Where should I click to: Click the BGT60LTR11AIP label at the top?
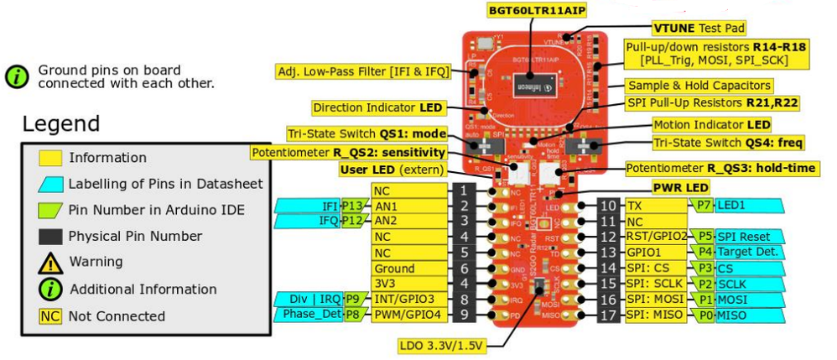[x=535, y=11]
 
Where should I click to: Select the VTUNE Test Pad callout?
[x=699, y=29]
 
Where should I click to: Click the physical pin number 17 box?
[x=609, y=316]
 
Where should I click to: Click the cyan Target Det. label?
[x=748, y=253]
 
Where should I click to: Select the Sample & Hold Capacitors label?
[x=699, y=86]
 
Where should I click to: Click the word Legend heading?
[x=60, y=124]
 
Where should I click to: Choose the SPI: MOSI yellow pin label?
[x=655, y=300]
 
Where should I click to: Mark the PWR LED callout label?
[x=680, y=188]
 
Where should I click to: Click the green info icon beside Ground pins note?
[x=18, y=77]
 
